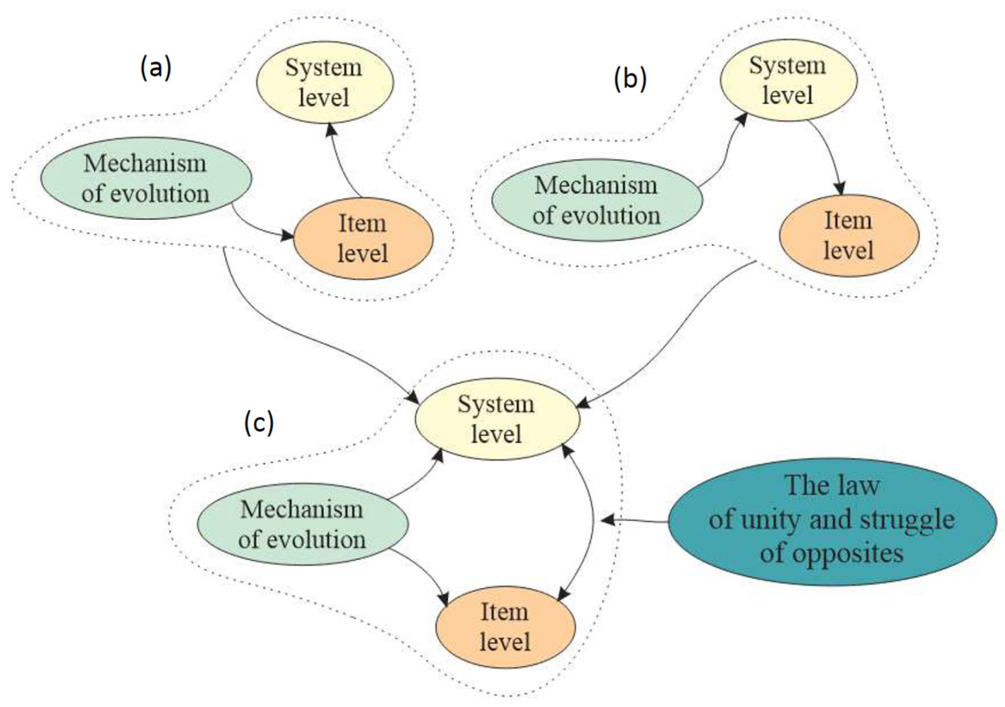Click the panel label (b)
(x=630, y=79)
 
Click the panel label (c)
(x=259, y=424)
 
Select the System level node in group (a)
(x=325, y=82)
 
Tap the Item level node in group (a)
(x=363, y=238)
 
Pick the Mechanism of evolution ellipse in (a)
(x=146, y=179)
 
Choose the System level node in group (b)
(x=788, y=80)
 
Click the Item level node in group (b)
(x=849, y=236)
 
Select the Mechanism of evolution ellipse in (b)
(x=597, y=200)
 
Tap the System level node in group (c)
(x=497, y=419)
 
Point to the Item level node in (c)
(x=505, y=627)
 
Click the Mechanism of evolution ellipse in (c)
(x=303, y=524)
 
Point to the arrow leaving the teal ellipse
(x=635, y=521)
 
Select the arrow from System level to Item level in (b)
(x=830, y=154)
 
